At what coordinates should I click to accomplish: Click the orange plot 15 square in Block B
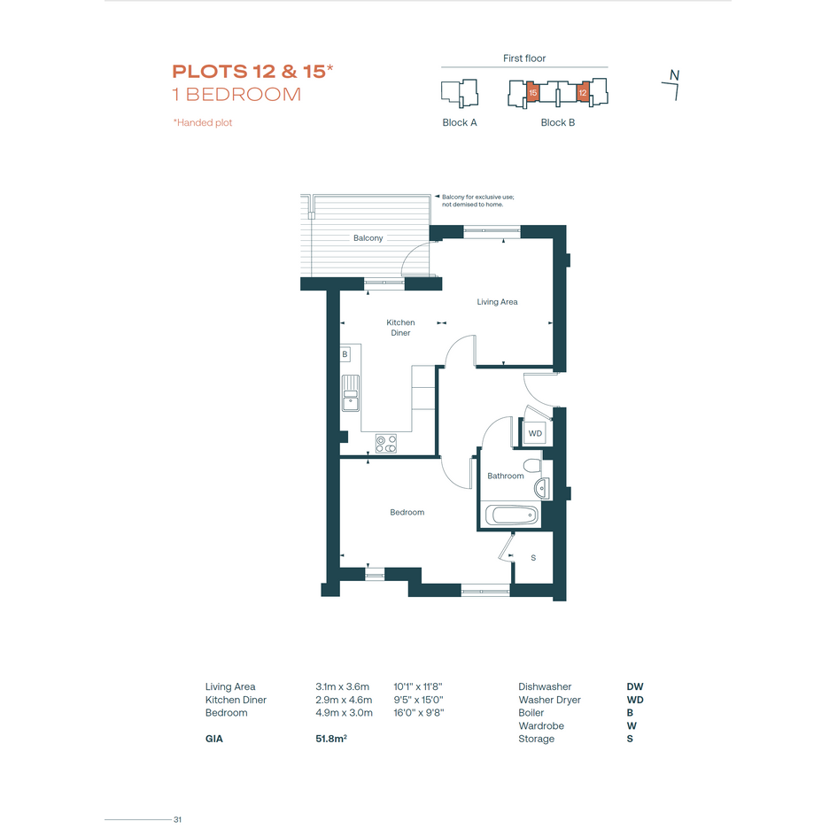(532, 92)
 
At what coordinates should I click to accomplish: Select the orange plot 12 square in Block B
(583, 92)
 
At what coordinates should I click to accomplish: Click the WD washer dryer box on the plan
(535, 433)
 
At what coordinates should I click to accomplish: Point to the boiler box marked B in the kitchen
(345, 354)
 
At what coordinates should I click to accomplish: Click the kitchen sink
(350, 393)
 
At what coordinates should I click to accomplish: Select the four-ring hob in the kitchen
(386, 444)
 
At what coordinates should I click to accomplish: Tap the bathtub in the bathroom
(511, 515)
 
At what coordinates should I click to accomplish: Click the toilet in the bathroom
(532, 466)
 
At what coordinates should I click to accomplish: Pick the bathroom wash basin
(541, 488)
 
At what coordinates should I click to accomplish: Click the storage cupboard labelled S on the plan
(532, 558)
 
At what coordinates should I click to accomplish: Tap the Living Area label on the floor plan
(497, 302)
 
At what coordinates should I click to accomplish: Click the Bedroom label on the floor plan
(407, 513)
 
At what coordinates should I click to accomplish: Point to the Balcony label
(368, 238)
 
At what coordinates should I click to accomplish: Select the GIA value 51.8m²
(331, 739)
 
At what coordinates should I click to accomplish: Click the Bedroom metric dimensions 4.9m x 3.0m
(344, 713)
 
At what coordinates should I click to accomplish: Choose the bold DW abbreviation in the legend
(635, 686)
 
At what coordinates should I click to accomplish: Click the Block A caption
(459, 123)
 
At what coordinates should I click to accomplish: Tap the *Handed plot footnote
(202, 123)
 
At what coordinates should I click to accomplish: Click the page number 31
(178, 819)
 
